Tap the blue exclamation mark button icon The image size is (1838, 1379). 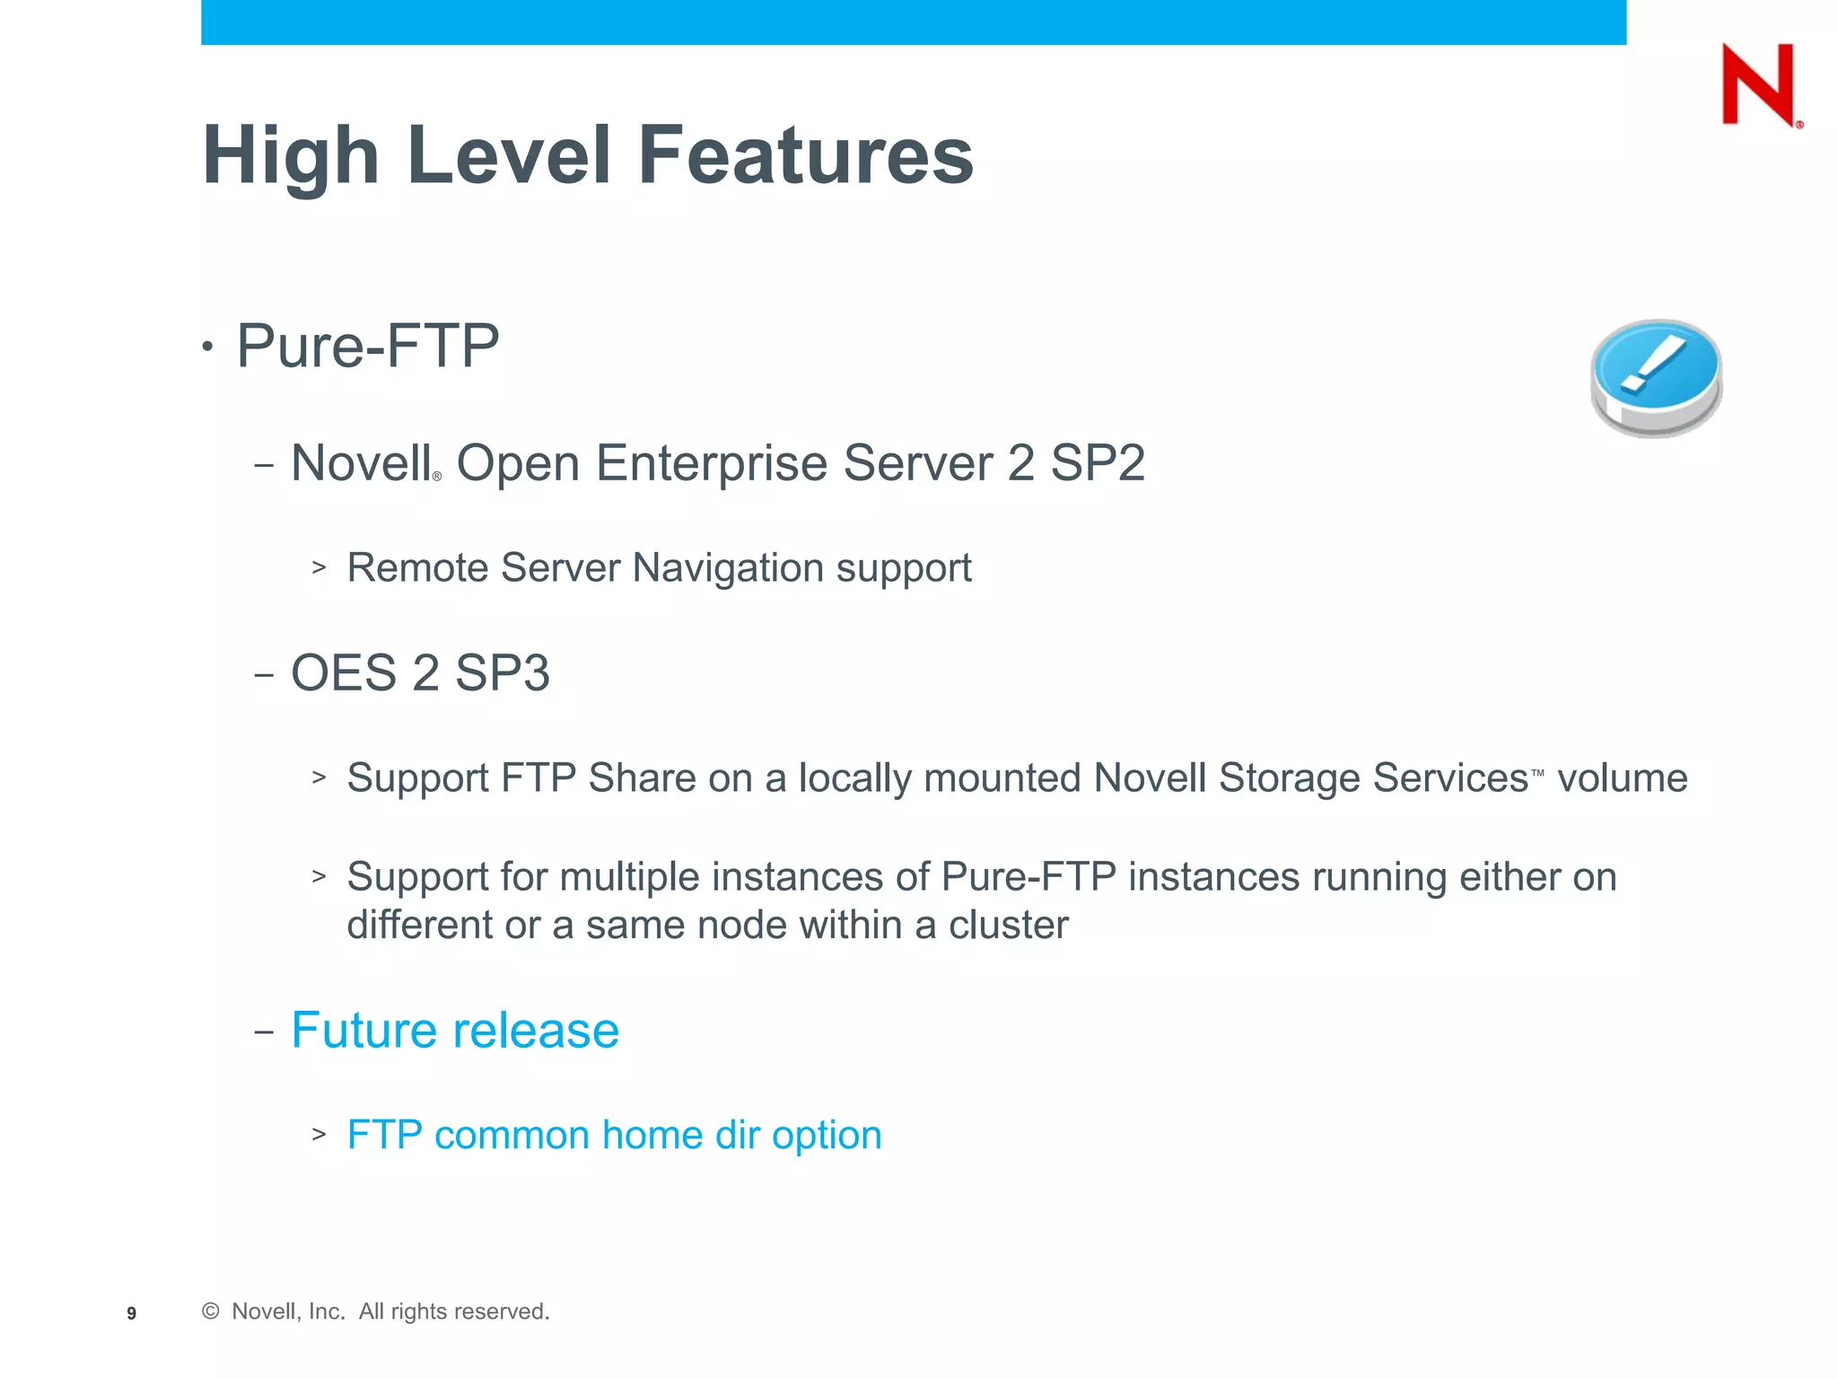pos(1656,377)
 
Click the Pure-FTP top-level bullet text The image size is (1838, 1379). pos(367,346)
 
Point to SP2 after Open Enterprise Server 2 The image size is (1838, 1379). pos(1098,463)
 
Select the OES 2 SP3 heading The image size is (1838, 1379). pos(420,672)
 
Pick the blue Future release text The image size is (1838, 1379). pos(455,1030)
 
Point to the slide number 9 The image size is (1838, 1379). pos(132,1313)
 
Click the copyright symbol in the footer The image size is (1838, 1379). pos(211,1312)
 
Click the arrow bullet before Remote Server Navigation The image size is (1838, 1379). pos(319,567)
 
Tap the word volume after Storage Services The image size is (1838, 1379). pos(1622,777)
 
